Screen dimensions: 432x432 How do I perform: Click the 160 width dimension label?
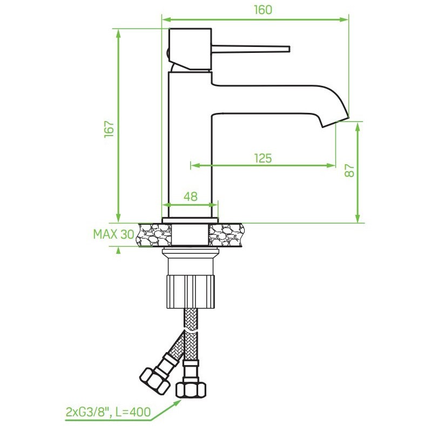click(x=263, y=10)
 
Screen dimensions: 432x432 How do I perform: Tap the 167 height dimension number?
click(x=110, y=129)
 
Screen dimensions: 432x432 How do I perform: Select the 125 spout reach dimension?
click(x=263, y=158)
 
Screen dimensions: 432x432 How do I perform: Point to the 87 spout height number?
click(x=349, y=171)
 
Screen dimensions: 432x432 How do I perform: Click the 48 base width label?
click(x=191, y=197)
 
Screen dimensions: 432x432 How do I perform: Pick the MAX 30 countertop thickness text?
click(x=114, y=234)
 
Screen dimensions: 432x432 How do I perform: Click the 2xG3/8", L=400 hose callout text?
click(x=109, y=412)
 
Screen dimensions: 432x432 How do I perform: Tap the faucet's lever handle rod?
click(x=251, y=49)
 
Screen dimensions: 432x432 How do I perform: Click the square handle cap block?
click(x=190, y=49)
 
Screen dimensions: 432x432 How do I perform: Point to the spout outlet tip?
click(x=335, y=122)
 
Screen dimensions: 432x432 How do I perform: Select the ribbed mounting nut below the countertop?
click(x=191, y=292)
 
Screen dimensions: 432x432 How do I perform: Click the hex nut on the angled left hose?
click(x=155, y=382)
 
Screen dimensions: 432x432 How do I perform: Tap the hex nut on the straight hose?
click(x=191, y=389)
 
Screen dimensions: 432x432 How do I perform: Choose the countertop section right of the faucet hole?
click(x=226, y=235)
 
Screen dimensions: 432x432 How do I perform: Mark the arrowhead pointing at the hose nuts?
click(x=177, y=402)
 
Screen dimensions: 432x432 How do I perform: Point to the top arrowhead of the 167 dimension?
click(x=118, y=34)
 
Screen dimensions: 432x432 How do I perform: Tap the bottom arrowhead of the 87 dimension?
click(x=357, y=218)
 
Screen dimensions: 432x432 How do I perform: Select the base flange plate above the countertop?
click(x=190, y=220)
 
